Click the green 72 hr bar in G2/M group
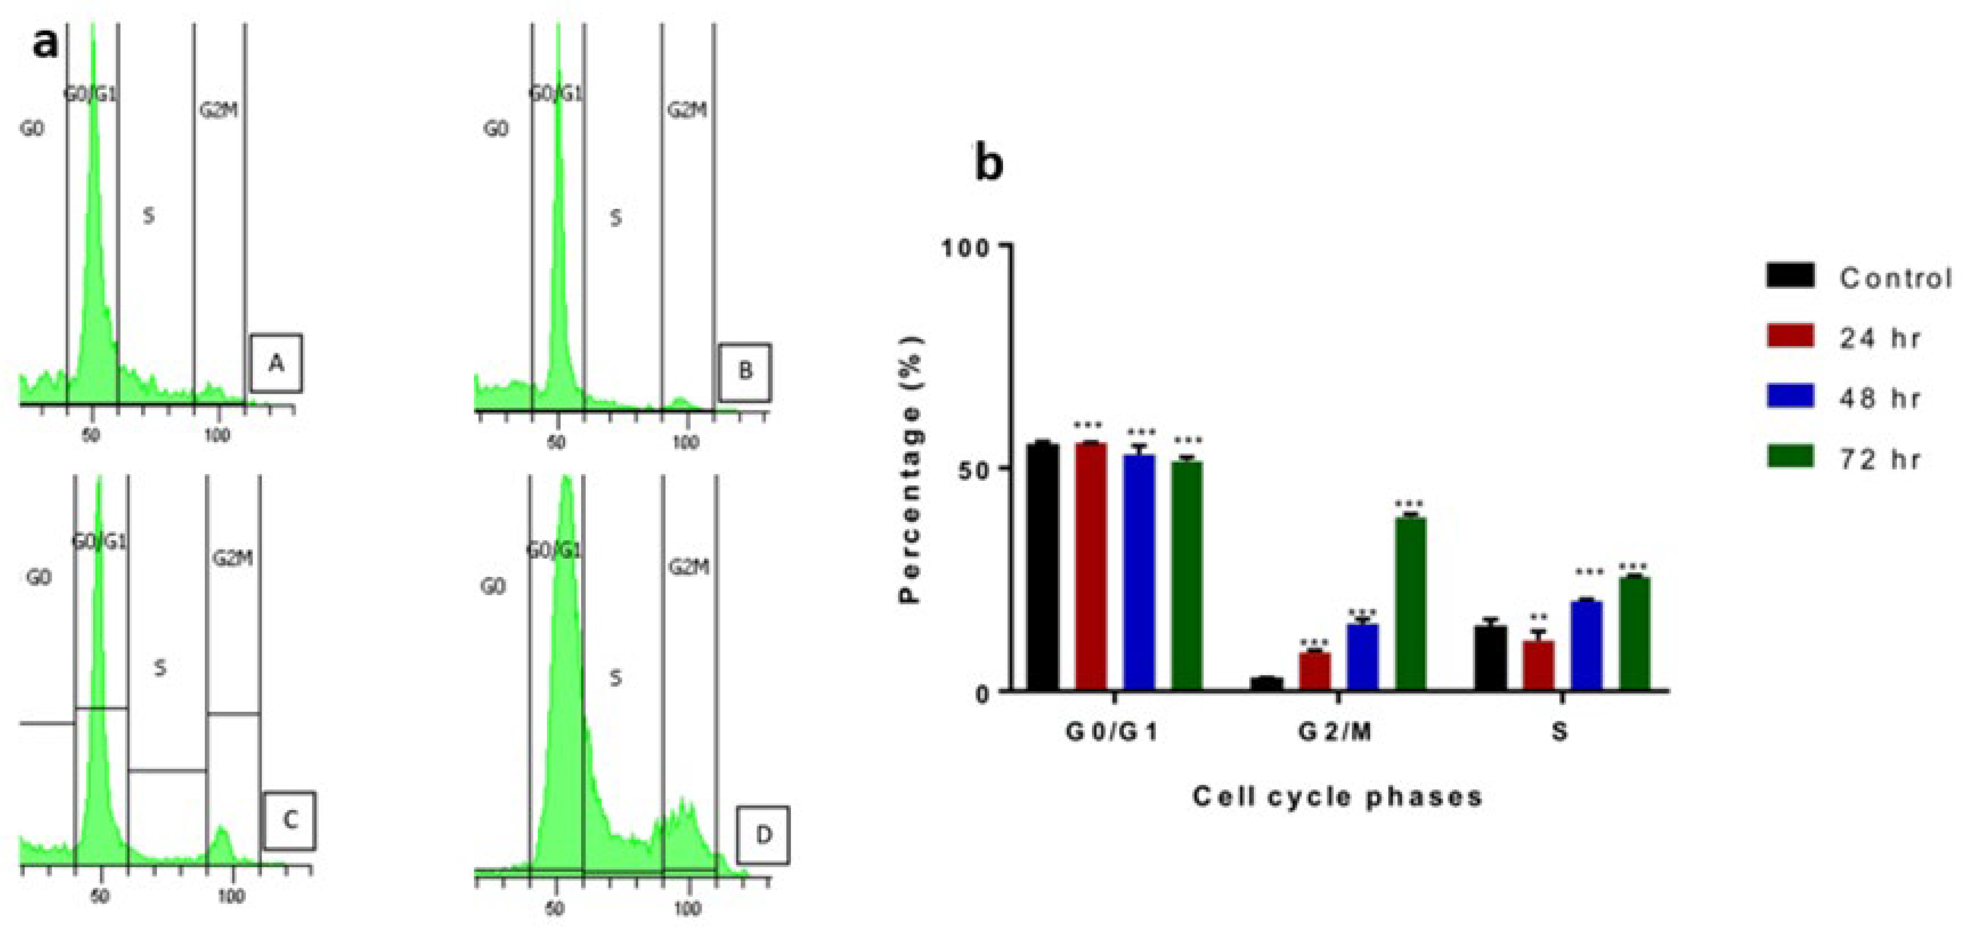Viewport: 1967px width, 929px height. (1410, 603)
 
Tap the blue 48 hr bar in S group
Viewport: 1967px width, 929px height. (1586, 645)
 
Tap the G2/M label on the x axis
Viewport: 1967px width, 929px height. (1335, 732)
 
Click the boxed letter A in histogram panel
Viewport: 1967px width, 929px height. (276, 363)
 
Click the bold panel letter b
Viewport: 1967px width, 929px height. (990, 165)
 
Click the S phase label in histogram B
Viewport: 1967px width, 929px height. (615, 218)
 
